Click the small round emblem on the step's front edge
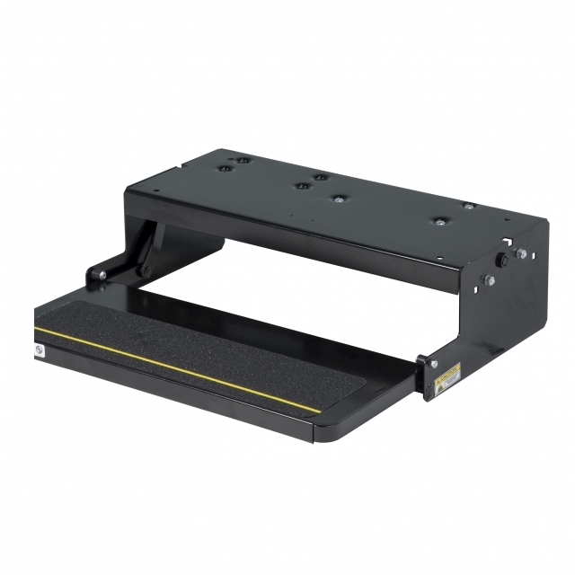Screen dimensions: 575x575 tap(38, 350)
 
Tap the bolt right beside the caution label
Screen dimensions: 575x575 tap(433, 363)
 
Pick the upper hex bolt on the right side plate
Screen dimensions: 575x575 tap(521, 254)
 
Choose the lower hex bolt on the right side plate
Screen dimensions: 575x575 tap(489, 280)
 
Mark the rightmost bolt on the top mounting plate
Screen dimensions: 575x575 tap(468, 206)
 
